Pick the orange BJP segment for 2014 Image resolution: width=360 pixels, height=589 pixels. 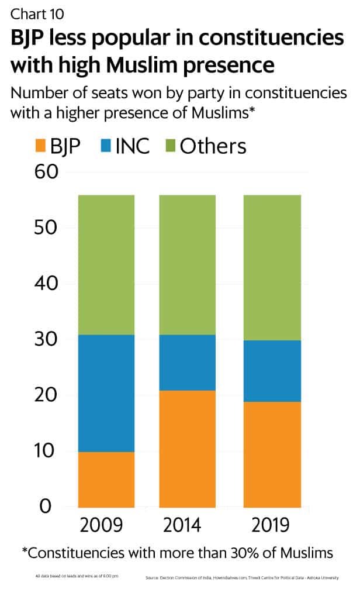pos(188,449)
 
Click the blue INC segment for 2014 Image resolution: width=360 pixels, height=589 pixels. pos(188,363)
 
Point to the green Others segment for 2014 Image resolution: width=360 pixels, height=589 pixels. pos(188,264)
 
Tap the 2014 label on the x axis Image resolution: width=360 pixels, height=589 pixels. pos(188,525)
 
